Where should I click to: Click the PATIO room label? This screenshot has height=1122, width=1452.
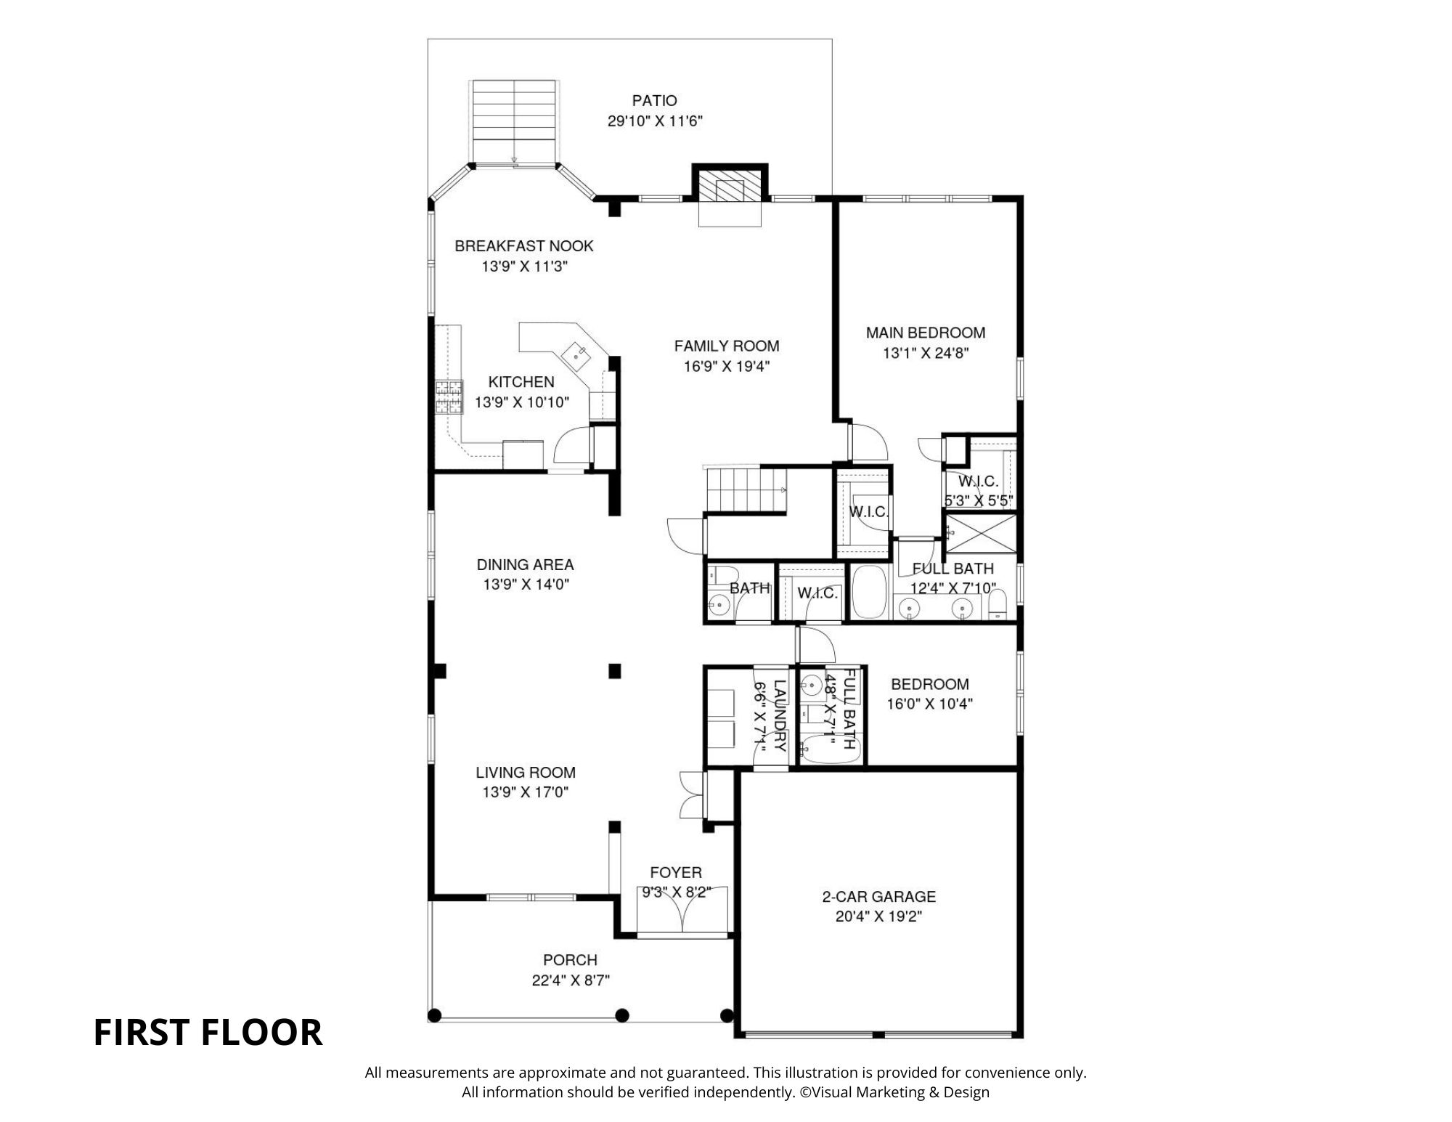pos(654,101)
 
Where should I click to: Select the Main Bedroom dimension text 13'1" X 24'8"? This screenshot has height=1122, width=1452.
pos(926,354)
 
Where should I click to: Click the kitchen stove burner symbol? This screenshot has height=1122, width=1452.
pos(449,397)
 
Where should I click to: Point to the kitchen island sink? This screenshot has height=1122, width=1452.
pos(579,354)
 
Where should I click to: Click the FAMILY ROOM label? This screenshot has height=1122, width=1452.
pos(726,346)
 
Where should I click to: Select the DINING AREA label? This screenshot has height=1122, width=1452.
pos(525,564)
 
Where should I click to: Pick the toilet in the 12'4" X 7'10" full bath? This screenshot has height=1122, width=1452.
pos(999,604)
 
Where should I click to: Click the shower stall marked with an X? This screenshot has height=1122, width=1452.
pos(979,533)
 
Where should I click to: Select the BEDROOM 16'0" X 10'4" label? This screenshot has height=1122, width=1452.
pos(929,684)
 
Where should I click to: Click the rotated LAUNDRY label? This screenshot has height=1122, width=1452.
pos(779,715)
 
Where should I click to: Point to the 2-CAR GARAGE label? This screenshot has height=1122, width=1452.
pos(878,897)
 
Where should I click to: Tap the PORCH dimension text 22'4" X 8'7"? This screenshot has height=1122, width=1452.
pos(570,980)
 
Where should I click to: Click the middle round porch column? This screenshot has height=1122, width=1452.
pos(622,1015)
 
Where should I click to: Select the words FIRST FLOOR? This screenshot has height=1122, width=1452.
pos(208,1032)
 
